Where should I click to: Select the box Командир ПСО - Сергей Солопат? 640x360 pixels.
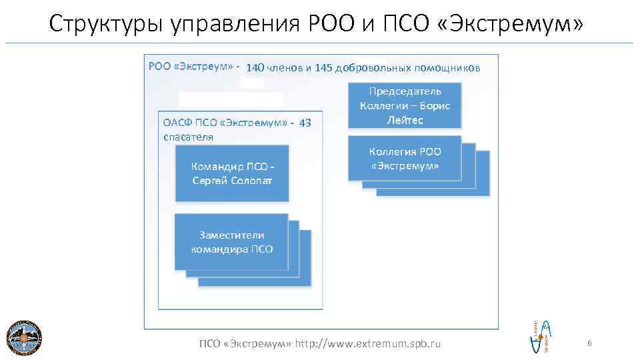coord(232,173)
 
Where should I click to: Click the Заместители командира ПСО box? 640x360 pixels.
coord(231,241)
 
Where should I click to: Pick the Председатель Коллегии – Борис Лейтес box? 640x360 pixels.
coord(405,105)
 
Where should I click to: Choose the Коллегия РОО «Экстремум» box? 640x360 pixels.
coord(405,159)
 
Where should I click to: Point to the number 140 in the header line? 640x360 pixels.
coord(255,68)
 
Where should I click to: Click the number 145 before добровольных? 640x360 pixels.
coord(323,68)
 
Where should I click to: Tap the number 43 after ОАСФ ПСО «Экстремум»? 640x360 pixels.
coord(305,123)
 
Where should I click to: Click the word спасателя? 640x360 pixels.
coord(188,137)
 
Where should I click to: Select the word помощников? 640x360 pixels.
coord(447,68)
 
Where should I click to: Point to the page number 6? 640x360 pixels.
coord(589,343)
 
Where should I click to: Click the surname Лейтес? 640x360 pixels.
coord(405,121)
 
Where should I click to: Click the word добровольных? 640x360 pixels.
coord(373,68)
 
